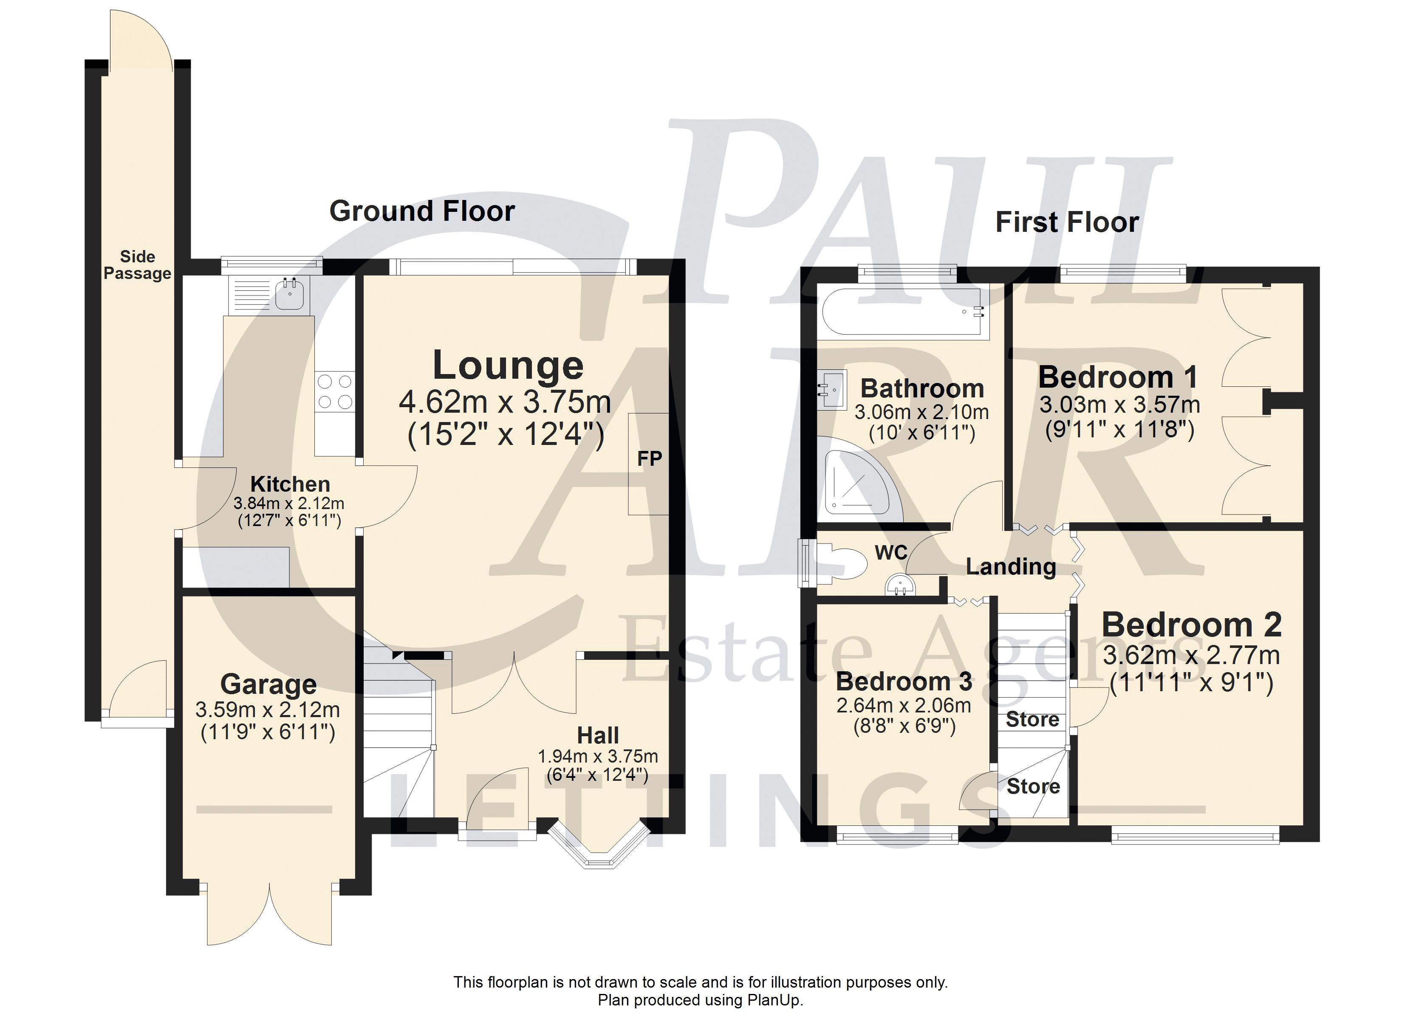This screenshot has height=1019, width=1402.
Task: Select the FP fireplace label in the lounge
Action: [649, 459]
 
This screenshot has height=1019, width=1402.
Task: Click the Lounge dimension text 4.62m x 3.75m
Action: [505, 402]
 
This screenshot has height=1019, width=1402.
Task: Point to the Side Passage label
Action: [137, 265]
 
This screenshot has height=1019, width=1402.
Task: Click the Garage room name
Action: [268, 684]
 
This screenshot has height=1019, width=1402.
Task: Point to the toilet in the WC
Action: [838, 562]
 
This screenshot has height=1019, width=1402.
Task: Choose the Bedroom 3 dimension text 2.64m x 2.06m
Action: [904, 705]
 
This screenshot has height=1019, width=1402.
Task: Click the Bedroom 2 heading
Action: [1191, 625]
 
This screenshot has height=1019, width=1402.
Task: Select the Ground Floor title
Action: [422, 211]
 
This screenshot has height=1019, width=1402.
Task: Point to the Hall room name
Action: [598, 735]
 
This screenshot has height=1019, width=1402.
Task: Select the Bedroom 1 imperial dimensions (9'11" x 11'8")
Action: [1119, 429]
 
